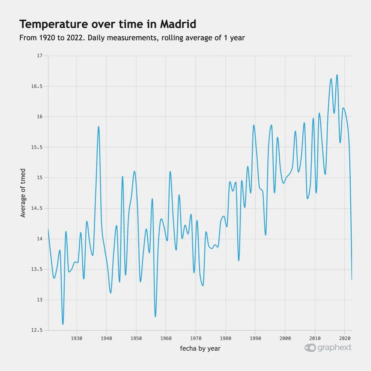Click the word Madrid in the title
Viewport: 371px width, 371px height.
(178, 24)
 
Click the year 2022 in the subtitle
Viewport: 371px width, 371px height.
(75, 38)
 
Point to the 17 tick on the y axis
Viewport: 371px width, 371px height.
(40, 56)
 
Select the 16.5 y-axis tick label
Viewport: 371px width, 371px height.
(37, 86)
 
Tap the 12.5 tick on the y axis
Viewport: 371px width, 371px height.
(37, 330)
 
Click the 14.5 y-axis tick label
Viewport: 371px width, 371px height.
(37, 208)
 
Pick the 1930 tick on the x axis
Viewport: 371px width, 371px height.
(77, 338)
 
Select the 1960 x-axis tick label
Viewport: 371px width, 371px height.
(166, 338)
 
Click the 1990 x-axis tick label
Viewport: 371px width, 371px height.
(255, 338)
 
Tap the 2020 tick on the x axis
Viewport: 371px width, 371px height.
(344, 338)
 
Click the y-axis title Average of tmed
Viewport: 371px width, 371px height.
(23, 193)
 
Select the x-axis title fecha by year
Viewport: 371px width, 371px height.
(200, 349)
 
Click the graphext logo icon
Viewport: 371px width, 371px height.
(310, 348)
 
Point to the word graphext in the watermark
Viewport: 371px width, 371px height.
(334, 348)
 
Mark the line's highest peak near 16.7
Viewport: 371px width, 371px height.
(337, 75)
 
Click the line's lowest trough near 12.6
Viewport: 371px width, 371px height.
(63, 324)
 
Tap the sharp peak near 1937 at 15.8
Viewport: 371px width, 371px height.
(99, 127)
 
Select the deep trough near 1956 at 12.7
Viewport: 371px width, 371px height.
(156, 316)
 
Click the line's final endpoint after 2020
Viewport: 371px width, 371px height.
(352, 280)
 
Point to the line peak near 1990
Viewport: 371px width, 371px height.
(254, 125)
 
